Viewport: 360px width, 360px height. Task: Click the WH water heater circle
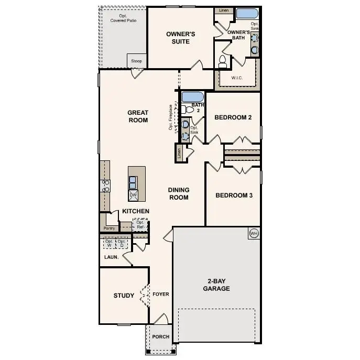pos(254,233)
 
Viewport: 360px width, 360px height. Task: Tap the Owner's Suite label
pos(181,38)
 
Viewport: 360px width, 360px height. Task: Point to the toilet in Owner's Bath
pos(222,61)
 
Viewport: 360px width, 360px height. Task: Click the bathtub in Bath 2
pos(192,97)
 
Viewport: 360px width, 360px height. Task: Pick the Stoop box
pos(136,61)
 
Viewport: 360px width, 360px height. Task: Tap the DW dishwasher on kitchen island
pos(133,194)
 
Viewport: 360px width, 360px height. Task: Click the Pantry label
pos(109,228)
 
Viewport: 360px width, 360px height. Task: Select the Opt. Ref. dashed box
pos(140,225)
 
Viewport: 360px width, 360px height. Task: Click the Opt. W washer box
pos(109,244)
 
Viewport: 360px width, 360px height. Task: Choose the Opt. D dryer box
pos(122,244)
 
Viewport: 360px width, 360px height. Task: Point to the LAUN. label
pos(111,257)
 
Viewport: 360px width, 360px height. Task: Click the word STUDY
pos(124,296)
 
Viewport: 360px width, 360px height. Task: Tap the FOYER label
pos(161,294)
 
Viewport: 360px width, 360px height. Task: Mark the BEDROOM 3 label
pos(234,195)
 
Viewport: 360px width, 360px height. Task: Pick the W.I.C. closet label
pos(237,78)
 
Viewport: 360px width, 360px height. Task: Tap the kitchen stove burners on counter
pos(106,185)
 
